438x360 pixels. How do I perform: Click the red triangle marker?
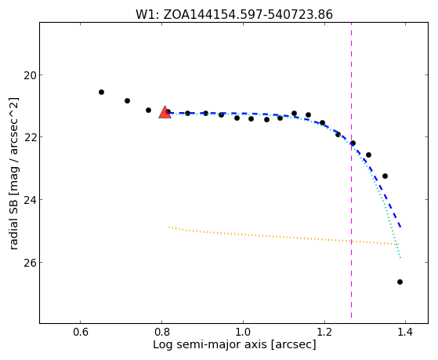tap(165, 112)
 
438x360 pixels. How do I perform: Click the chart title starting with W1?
tap(234, 15)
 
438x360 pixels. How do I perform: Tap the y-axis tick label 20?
tap(30, 75)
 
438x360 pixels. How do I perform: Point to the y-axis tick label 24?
tap(30, 200)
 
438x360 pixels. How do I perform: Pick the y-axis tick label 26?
tap(30, 263)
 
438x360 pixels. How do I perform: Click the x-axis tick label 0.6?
tap(81, 333)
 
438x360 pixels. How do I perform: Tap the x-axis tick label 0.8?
tap(161, 333)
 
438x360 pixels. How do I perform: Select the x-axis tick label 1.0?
tap(243, 333)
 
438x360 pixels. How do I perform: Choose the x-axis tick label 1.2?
tap(324, 333)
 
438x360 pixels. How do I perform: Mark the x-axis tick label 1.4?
tap(405, 333)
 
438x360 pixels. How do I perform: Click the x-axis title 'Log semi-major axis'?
tap(209, 345)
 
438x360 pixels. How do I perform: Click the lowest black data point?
tap(400, 282)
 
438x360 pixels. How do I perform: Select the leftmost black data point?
tap(101, 92)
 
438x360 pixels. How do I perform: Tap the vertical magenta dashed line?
tap(351, 170)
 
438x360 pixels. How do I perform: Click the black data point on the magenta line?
tap(353, 143)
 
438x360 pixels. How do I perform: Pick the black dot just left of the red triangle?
tap(148, 111)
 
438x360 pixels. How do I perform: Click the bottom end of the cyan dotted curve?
tap(400, 257)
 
